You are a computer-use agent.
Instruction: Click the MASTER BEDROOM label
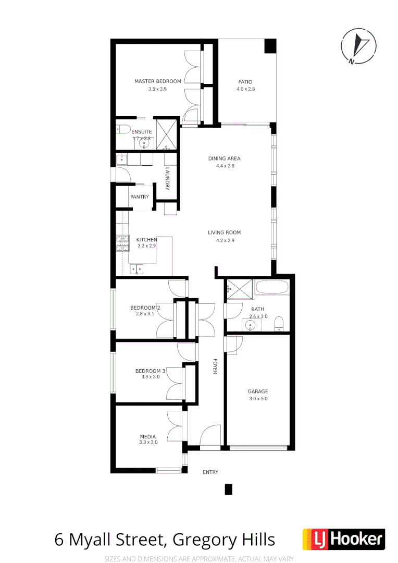[157, 81]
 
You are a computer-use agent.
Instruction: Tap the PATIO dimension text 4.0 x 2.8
[245, 89]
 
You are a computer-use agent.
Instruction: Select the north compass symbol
[358, 45]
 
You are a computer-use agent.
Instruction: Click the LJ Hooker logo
[343, 540]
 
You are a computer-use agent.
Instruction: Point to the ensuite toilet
[122, 129]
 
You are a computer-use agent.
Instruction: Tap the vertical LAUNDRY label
[167, 178]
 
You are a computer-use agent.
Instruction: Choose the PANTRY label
[140, 197]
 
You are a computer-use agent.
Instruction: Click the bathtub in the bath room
[271, 288]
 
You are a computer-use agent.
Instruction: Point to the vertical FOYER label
[214, 366]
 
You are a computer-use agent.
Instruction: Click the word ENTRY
[210, 472]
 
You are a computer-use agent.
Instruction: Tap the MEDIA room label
[147, 437]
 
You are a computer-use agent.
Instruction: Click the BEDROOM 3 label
[150, 371]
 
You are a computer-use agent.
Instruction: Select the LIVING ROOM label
[225, 233]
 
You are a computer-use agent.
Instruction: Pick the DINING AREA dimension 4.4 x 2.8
[225, 166]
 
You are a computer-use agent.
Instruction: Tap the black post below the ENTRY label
[228, 489]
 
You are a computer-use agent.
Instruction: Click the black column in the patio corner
[270, 46]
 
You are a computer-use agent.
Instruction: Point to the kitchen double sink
[136, 269]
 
